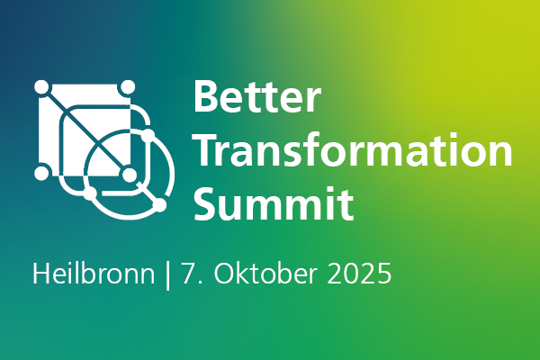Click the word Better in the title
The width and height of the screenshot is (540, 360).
[x=257, y=96]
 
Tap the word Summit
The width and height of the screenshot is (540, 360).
[x=274, y=203]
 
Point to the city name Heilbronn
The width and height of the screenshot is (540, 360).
[x=94, y=274]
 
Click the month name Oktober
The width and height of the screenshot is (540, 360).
[x=265, y=274]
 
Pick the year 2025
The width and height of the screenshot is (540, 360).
[x=359, y=274]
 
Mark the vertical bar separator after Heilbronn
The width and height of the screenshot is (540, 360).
[x=168, y=274]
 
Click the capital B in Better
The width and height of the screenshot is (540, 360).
[x=206, y=96]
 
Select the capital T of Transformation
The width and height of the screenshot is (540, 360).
[x=207, y=150]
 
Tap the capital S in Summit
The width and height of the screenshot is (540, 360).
[x=206, y=203]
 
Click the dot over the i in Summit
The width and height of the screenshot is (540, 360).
[x=331, y=190]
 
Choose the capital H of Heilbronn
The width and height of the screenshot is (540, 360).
[x=41, y=274]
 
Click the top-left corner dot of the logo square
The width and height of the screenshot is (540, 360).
[x=41, y=86]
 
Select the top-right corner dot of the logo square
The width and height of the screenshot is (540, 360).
[x=128, y=86]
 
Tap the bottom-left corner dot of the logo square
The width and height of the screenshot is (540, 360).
[x=41, y=173]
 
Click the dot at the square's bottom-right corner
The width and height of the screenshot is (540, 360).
[x=130, y=175]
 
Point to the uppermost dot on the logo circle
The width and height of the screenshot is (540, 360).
[x=148, y=135]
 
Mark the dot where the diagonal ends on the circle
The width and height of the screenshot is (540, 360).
[x=159, y=206]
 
